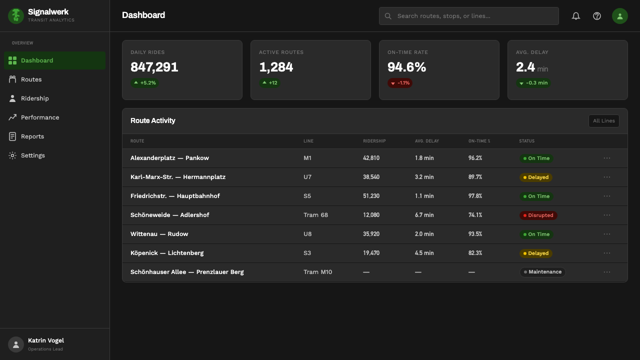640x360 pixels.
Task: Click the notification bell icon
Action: click(x=575, y=16)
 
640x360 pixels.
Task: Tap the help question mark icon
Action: click(x=597, y=16)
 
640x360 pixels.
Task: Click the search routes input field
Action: click(x=468, y=16)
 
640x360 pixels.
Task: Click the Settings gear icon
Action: click(x=12, y=155)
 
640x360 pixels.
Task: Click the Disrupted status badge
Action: click(x=538, y=215)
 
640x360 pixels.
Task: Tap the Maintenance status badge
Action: click(x=542, y=272)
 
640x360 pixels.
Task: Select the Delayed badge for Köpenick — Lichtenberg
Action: click(x=535, y=253)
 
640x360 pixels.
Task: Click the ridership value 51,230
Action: click(x=371, y=196)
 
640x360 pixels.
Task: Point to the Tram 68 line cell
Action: click(x=315, y=215)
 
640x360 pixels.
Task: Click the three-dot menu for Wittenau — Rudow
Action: click(x=607, y=234)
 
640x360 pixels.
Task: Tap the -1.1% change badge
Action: click(x=400, y=83)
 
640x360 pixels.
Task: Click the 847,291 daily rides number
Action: click(x=154, y=67)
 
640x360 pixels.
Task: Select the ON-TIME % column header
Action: click(x=479, y=141)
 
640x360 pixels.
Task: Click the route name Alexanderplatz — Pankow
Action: click(x=169, y=158)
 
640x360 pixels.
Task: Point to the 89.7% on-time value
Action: click(x=475, y=177)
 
